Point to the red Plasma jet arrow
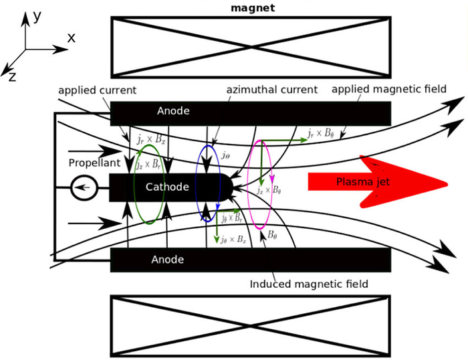point(374,181)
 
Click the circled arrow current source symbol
point(84,189)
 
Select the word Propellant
point(94,163)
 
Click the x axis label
point(71,39)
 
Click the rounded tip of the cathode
point(229,186)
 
